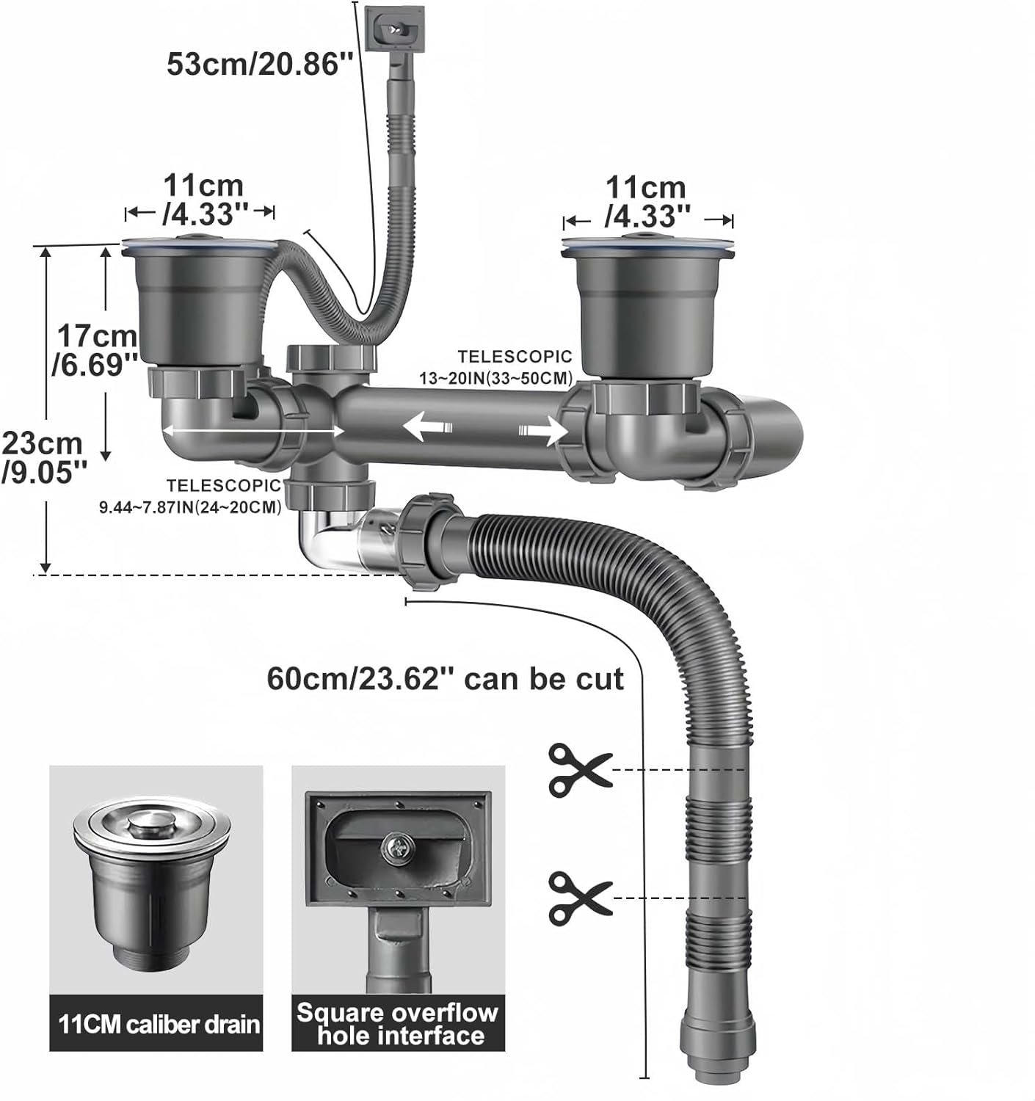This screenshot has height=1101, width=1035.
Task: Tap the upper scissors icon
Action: point(579,770)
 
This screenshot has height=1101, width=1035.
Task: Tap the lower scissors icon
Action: point(579,898)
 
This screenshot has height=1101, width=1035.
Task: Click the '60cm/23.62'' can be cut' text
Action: point(445,678)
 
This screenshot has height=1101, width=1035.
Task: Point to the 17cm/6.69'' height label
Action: point(95,350)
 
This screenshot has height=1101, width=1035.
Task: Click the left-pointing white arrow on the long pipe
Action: point(425,426)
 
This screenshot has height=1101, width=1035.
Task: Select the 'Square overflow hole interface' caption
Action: point(397,1024)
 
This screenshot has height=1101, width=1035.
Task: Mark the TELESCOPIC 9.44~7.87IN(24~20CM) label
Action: point(191,496)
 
